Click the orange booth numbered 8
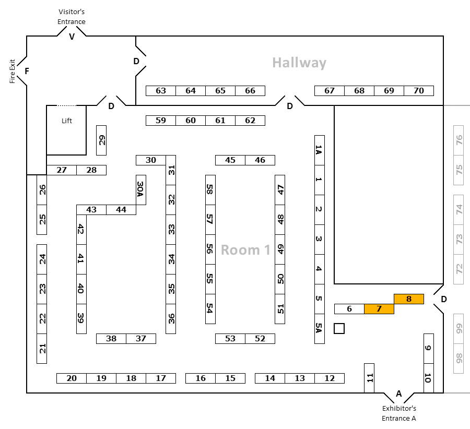click(x=408, y=299)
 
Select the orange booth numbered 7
click(x=379, y=309)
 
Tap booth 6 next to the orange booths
click(x=349, y=309)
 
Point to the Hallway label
click(x=299, y=63)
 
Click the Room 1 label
click(x=245, y=250)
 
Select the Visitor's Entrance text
click(x=72, y=17)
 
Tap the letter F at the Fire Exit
click(x=27, y=71)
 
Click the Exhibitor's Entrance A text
click(x=399, y=413)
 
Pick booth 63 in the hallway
click(x=161, y=91)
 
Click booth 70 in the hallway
click(x=419, y=91)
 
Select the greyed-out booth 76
click(x=459, y=140)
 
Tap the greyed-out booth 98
click(x=459, y=359)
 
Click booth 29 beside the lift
click(x=101, y=140)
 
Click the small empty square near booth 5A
click(x=339, y=328)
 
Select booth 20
click(x=72, y=378)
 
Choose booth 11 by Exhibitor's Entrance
click(x=369, y=378)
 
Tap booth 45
click(x=230, y=160)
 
